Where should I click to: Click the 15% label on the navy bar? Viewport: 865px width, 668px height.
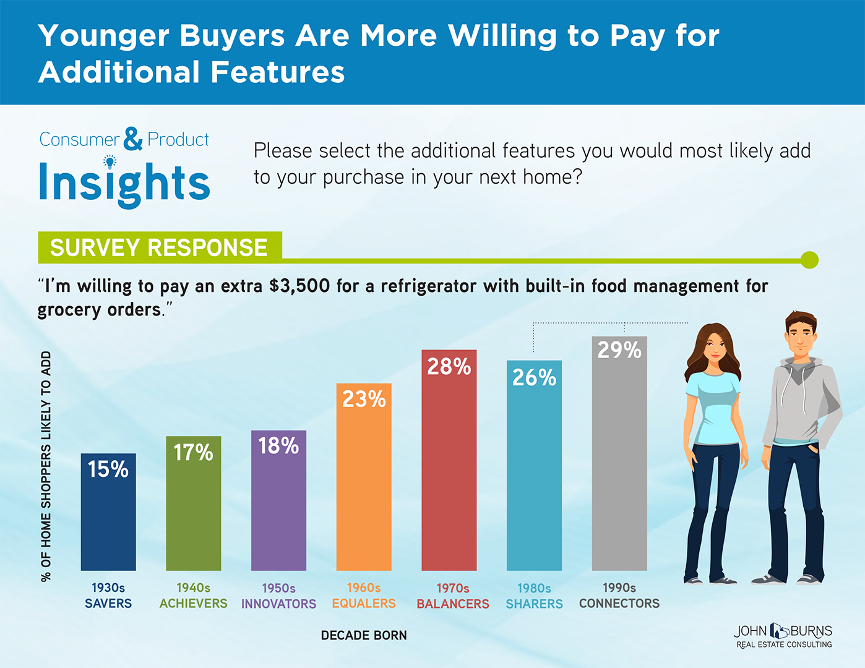coord(108,469)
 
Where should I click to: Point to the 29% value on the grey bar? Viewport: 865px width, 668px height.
coord(619,350)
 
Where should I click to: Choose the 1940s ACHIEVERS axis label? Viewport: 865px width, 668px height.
coord(193,596)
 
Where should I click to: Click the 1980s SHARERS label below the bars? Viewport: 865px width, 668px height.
coord(534,596)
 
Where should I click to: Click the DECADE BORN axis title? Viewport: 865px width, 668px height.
coord(364,635)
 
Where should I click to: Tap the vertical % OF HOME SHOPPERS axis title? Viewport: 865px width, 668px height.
coord(46,466)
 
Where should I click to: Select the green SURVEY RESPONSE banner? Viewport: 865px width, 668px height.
coord(159,247)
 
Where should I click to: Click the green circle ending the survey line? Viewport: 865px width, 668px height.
coord(809,260)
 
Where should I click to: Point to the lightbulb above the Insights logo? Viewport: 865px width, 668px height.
coord(110,162)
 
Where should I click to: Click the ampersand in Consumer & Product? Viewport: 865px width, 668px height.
coord(133,139)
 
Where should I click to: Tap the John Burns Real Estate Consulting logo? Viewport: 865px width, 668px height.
coord(783,636)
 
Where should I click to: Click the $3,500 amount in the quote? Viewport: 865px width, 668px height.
coord(299,286)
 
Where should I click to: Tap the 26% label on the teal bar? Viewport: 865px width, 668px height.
coord(534,377)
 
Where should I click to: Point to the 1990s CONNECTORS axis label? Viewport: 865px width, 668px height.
coord(619,596)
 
